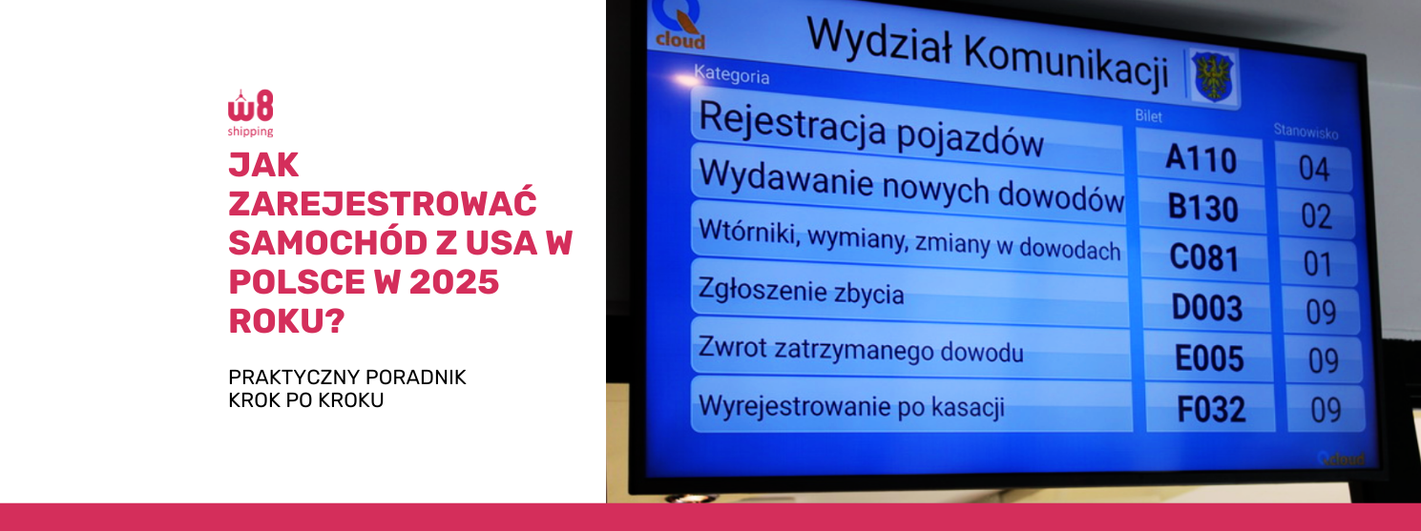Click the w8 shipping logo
click(x=251, y=112)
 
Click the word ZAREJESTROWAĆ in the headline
click(x=383, y=203)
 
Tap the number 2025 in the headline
click(x=454, y=282)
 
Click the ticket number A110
click(x=1201, y=158)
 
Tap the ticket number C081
click(x=1204, y=257)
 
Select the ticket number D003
click(x=1206, y=308)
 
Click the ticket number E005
click(x=1209, y=358)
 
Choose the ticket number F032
click(x=1211, y=409)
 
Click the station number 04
click(x=1314, y=169)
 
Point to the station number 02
click(x=1316, y=216)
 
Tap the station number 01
click(x=1318, y=264)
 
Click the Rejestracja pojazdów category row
click(x=908, y=131)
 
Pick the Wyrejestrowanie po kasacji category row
click(x=911, y=405)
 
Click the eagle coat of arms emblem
click(x=1212, y=76)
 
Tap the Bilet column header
click(x=1148, y=116)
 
